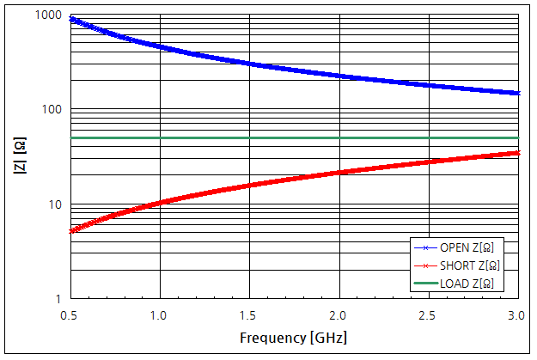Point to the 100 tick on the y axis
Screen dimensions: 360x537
pos(52,110)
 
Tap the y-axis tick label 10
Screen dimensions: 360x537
pos(54,204)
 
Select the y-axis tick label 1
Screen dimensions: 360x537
pos(58,299)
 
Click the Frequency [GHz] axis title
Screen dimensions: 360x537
pos(294,337)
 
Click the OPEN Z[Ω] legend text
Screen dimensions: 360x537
pos(467,247)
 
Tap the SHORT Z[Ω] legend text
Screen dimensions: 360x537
pos(468,265)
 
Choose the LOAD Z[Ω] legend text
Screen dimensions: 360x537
pos(467,283)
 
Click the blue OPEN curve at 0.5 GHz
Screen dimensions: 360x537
pos(70,18)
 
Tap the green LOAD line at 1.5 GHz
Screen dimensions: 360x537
pos(249,137)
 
